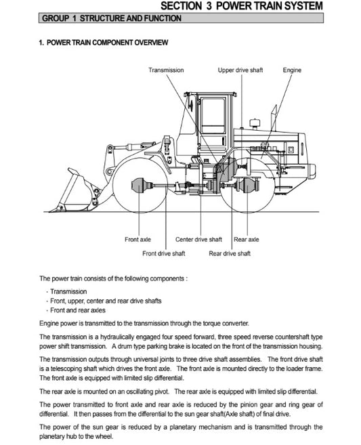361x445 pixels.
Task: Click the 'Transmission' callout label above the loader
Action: click(x=166, y=70)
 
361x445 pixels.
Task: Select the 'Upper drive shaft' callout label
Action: click(x=240, y=70)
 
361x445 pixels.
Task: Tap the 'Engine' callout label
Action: click(x=292, y=70)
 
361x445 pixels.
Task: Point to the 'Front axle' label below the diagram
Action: click(x=137, y=240)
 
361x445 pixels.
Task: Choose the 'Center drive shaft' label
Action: click(x=198, y=240)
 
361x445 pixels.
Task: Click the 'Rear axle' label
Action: click(x=247, y=240)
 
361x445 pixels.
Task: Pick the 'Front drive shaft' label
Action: click(x=165, y=253)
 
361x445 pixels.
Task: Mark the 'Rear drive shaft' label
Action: click(x=230, y=253)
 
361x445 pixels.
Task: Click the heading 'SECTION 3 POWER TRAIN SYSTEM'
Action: click(x=251, y=6)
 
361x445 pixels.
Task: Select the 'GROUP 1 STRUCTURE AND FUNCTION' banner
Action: click(x=111, y=18)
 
